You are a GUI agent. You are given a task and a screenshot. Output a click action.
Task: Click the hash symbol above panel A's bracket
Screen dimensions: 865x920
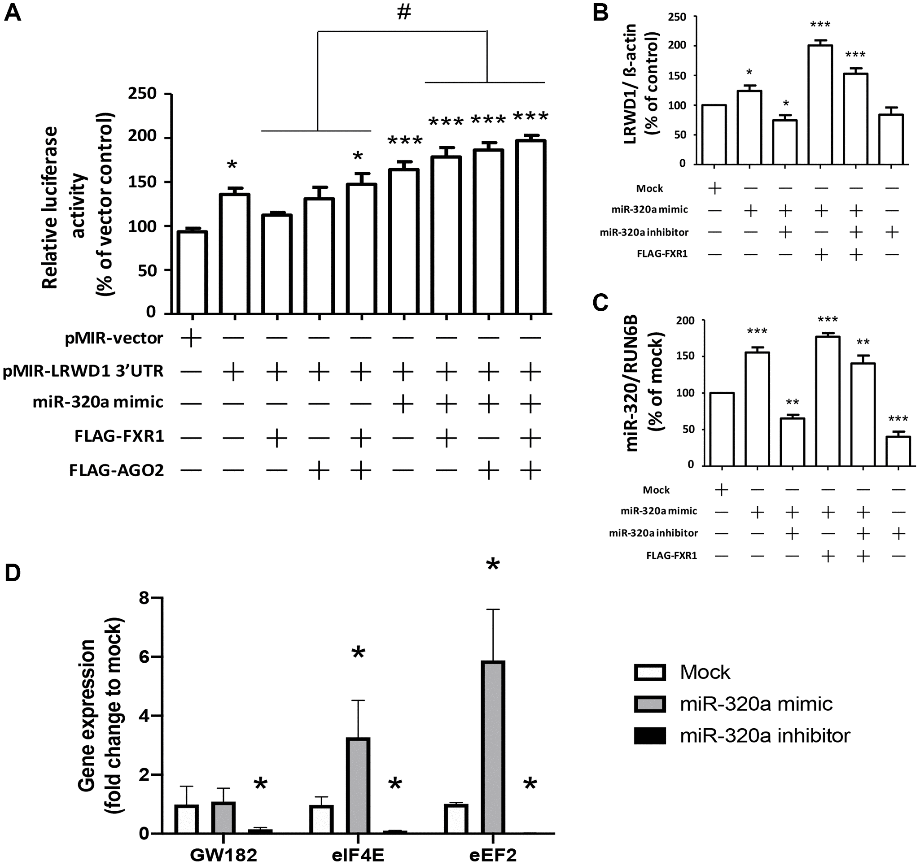click(x=404, y=13)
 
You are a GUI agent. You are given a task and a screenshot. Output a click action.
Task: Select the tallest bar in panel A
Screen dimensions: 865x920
click(x=530, y=226)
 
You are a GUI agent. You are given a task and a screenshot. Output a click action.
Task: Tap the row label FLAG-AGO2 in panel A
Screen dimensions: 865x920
click(x=117, y=471)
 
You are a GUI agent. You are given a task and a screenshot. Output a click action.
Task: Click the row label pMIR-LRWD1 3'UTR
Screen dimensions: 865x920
click(x=83, y=371)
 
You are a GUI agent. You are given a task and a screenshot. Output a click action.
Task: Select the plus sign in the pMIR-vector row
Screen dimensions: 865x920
click(x=191, y=338)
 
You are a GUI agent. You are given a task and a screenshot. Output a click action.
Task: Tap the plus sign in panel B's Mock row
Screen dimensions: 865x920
click(x=714, y=188)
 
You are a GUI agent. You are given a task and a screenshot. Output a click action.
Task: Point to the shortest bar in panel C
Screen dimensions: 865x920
click(x=898, y=450)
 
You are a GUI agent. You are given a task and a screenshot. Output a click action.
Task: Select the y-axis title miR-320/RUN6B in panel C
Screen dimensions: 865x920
click(x=632, y=383)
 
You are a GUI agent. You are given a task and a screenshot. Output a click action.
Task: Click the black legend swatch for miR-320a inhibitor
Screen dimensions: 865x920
click(x=650, y=735)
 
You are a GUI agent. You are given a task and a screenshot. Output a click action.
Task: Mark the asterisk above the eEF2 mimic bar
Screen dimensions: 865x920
click(x=493, y=565)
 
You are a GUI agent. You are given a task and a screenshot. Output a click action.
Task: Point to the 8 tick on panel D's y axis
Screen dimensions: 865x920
click(x=144, y=598)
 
